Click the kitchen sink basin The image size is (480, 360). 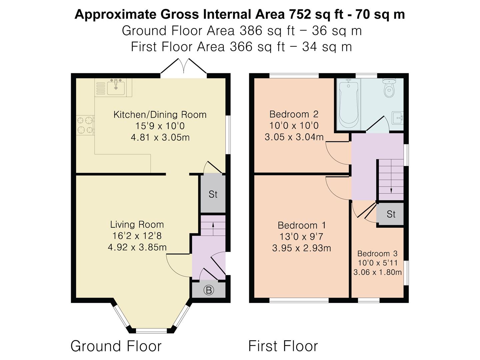pos(116,88)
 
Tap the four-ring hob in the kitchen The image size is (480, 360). pos(85,125)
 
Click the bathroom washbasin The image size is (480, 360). pos(397,118)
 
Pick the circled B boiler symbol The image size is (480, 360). pos(209,290)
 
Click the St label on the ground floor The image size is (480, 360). pos(213,194)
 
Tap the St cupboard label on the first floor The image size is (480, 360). pos(391,214)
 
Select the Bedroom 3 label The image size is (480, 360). pos(377,254)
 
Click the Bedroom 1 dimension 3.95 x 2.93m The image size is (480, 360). pos(302,248)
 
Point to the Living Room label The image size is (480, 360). pos(137,224)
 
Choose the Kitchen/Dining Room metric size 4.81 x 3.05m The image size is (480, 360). pos(160,137)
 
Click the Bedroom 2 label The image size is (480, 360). pos(294,114)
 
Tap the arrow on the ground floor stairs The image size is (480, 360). pos(213,229)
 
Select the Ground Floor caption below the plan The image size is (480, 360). pos(116,346)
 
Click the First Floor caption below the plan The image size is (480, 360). pos(283,346)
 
